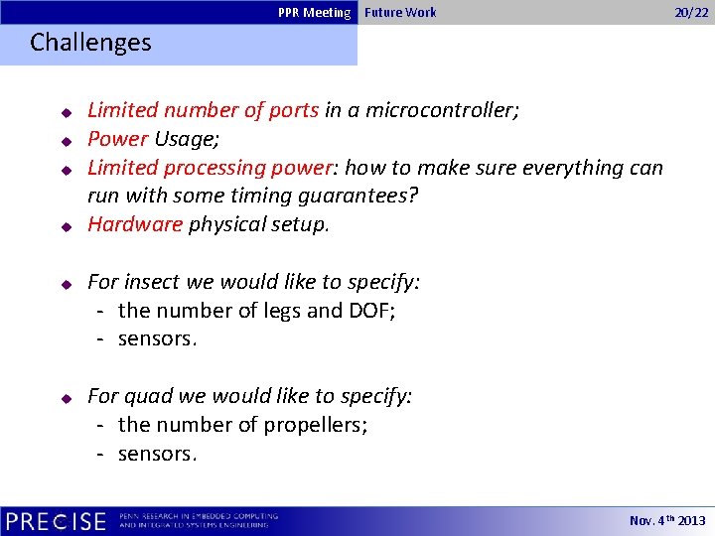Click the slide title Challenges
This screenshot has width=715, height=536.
point(90,43)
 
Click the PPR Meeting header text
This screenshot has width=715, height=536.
point(314,12)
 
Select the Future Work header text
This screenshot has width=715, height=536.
point(400,12)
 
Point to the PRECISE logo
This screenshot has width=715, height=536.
point(56,521)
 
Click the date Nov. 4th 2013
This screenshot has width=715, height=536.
point(667,521)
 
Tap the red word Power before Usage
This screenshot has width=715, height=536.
point(117,139)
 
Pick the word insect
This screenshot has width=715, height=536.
point(152,282)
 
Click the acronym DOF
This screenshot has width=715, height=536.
point(370,311)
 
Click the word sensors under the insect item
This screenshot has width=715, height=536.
point(157,339)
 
